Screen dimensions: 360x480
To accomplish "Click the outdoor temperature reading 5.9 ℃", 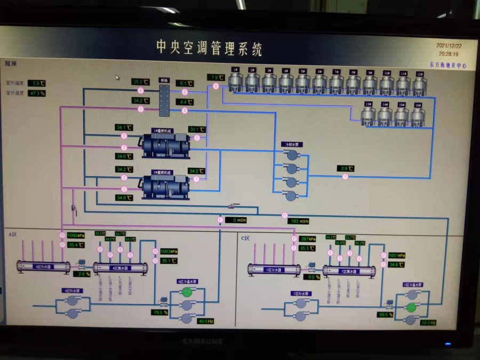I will tap(37, 83).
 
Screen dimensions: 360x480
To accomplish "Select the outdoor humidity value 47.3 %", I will tap(37, 93).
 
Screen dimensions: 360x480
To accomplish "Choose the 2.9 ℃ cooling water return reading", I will tap(347, 169).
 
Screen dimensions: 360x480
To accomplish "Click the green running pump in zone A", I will tap(187, 292).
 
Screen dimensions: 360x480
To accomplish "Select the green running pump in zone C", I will tap(411, 308).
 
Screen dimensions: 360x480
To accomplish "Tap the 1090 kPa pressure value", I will tap(76, 235).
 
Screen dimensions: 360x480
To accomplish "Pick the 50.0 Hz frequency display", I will tap(428, 323).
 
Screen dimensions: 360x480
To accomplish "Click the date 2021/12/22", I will tap(449, 46).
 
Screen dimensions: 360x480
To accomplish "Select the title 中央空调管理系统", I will tap(209, 48).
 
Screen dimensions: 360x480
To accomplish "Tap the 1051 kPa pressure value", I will tap(397, 255).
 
